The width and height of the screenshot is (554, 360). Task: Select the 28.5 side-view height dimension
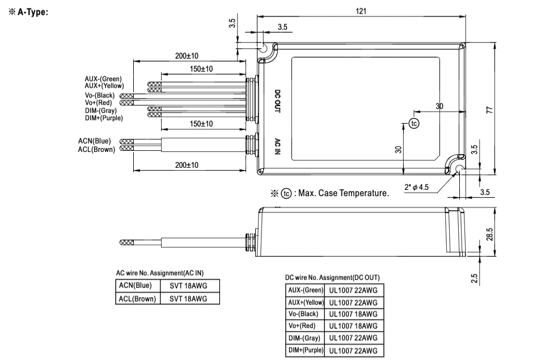pos(489,234)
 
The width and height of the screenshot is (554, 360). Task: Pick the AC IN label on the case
pos(277,148)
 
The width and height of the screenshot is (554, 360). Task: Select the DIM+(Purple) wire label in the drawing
pos(104,118)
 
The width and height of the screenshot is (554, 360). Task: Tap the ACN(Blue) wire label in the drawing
pos(95,141)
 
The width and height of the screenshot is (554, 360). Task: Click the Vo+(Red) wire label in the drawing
pos(99,103)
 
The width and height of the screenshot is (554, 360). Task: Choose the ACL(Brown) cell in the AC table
pos(136,298)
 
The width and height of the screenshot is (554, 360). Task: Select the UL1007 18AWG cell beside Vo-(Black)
pos(353,314)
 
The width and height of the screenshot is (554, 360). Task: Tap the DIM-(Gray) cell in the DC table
pos(305,338)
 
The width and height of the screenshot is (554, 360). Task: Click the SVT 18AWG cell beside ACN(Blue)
pos(189,286)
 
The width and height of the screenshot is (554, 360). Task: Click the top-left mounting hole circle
pos(264,49)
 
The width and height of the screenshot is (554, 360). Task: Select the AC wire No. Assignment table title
pos(159,273)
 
